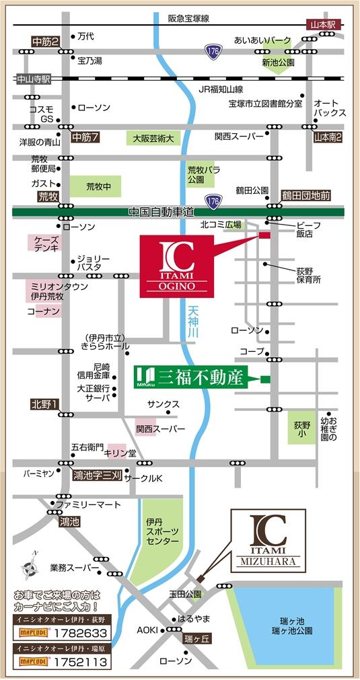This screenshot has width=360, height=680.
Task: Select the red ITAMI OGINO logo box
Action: pyautogui.click(x=177, y=266)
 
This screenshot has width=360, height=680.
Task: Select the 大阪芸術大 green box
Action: pyautogui.click(x=153, y=139)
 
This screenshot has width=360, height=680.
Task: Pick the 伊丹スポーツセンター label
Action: pyautogui.click(x=162, y=531)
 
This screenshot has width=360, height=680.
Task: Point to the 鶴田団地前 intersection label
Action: pyautogui.click(x=306, y=195)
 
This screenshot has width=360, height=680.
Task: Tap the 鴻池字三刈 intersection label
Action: pyautogui.click(x=97, y=475)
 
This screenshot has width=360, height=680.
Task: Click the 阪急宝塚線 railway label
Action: pyautogui.click(x=188, y=19)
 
